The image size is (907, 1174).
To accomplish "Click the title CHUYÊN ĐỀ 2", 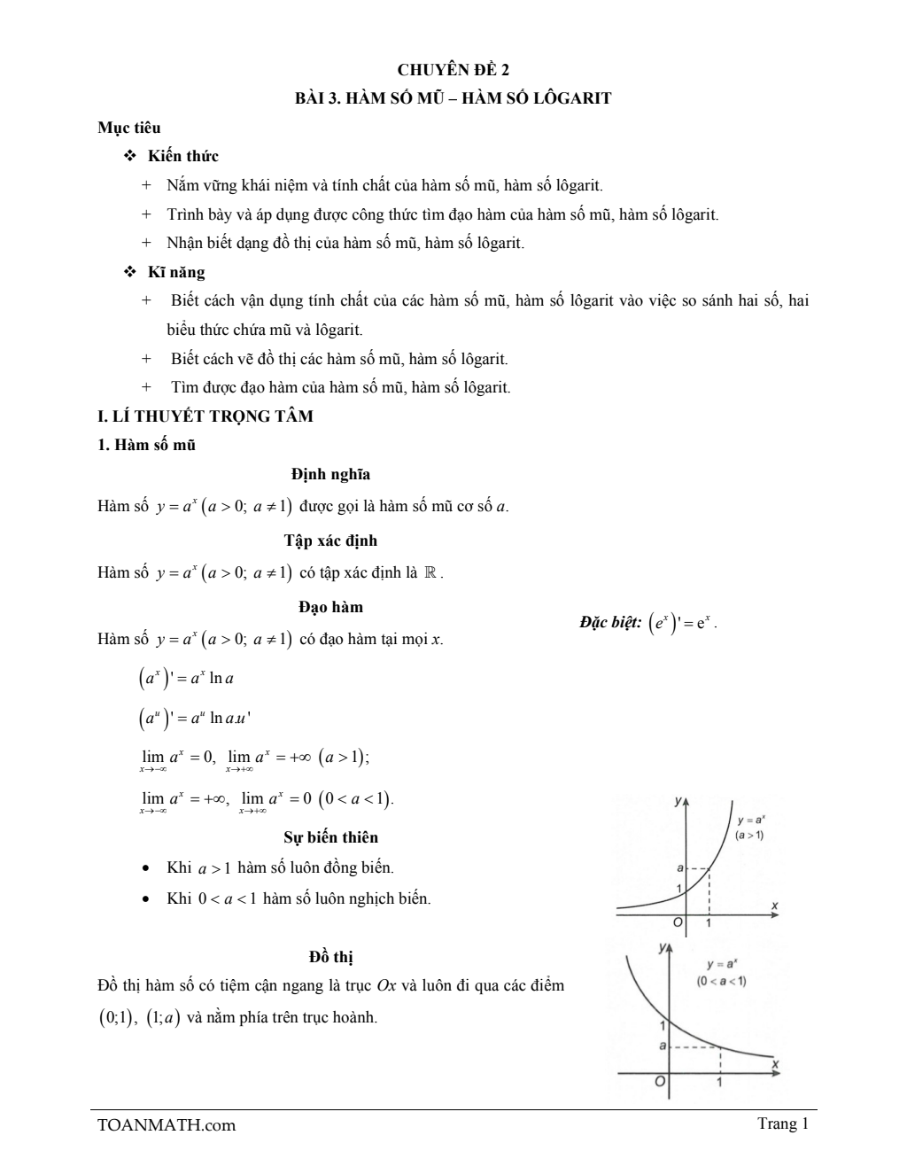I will pyautogui.click(x=453, y=69).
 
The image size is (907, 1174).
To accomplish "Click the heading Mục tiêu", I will pyautogui.click(x=128, y=128).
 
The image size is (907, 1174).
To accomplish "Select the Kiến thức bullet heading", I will pyautogui.click(x=183, y=156).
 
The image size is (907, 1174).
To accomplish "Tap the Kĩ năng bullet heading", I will pyautogui.click(x=176, y=272).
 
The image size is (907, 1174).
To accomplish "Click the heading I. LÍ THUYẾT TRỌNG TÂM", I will pyautogui.click(x=205, y=416).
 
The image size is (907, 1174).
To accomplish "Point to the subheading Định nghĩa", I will pyautogui.click(x=330, y=474).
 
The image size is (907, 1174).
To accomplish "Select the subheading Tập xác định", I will pyautogui.click(x=330, y=540).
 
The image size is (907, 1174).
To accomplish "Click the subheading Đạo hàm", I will pyautogui.click(x=330, y=607).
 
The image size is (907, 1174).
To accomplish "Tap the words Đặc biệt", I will pyautogui.click(x=610, y=623).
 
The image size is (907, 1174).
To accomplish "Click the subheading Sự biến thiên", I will pyautogui.click(x=330, y=837).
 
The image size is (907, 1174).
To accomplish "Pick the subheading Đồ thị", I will pyautogui.click(x=331, y=957).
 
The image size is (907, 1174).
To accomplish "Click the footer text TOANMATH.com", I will pyautogui.click(x=167, y=1125).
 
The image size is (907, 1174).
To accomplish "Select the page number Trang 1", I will pyautogui.click(x=783, y=1124).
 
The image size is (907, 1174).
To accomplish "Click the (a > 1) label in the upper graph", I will pyautogui.click(x=749, y=835).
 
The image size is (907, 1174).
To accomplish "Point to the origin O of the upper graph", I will pyautogui.click(x=678, y=922).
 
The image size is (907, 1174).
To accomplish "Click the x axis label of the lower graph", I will pyautogui.click(x=775, y=1062).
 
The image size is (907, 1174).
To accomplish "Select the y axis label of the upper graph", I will pyautogui.click(x=678, y=801).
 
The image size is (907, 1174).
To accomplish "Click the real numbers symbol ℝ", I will pyautogui.click(x=430, y=572).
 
